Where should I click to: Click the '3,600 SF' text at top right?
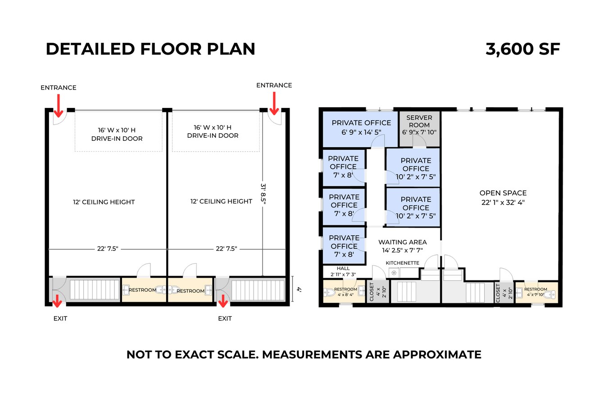[x=522, y=49]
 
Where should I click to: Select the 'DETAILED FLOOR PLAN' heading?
[x=150, y=49]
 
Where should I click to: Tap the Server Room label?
[x=419, y=121]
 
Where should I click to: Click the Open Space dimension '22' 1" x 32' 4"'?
[x=503, y=202]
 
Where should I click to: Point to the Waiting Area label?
[x=402, y=242]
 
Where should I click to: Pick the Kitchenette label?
[x=402, y=263]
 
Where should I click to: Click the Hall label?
[x=343, y=269]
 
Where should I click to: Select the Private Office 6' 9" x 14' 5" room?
[x=361, y=128]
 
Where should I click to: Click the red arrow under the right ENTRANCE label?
[x=274, y=104]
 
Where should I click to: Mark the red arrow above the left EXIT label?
[x=57, y=301]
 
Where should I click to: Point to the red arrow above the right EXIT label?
[x=223, y=301]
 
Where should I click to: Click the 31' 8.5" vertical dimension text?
[x=263, y=193]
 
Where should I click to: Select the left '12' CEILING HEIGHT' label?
[x=104, y=202]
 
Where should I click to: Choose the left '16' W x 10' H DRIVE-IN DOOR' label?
[x=117, y=134]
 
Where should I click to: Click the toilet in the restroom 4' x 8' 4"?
[x=328, y=292]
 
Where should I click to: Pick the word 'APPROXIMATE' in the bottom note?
[x=437, y=355]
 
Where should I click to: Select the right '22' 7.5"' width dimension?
[x=226, y=249]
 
